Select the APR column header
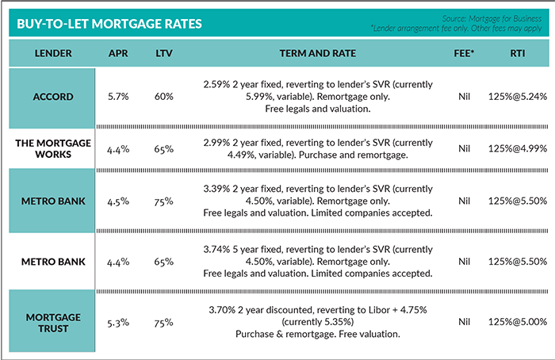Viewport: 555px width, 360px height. [x=118, y=53]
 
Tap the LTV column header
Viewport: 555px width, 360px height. [x=165, y=53]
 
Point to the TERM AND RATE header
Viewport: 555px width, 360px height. [x=317, y=53]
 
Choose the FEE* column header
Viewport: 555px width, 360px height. [x=465, y=53]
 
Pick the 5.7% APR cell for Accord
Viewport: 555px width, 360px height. [x=118, y=98]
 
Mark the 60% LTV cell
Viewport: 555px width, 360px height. [x=165, y=98]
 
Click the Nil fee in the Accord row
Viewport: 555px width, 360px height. [x=465, y=98]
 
